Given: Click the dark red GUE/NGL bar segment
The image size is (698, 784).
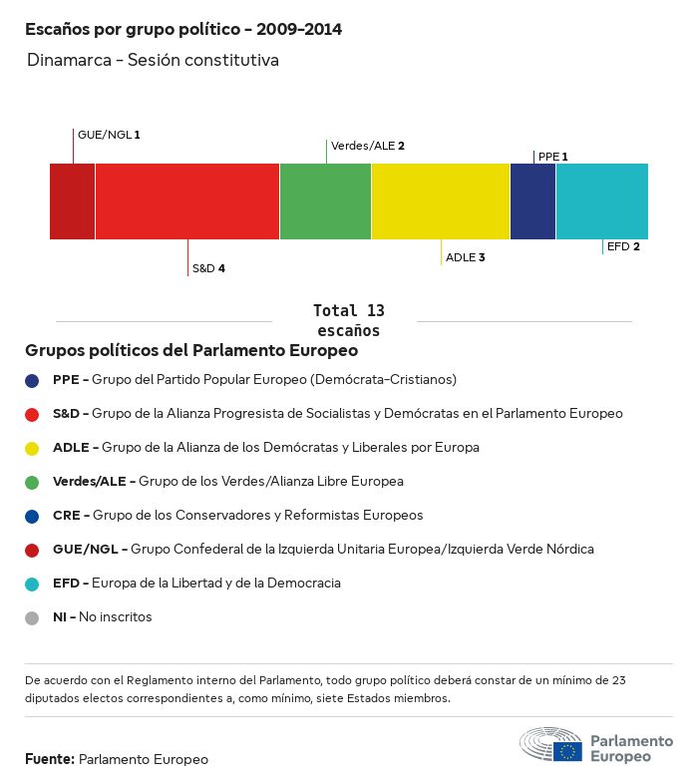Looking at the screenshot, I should [x=72, y=201].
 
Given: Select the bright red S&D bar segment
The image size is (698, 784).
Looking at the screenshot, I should [x=187, y=201].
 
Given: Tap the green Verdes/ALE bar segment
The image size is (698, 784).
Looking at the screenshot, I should [x=325, y=201].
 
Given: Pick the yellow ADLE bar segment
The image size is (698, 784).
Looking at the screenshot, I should [x=441, y=201].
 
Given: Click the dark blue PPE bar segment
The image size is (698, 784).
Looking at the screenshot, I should [x=532, y=201].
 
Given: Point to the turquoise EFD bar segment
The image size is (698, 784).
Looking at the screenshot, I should [x=602, y=201].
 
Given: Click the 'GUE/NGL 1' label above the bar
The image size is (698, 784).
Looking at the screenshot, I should [x=109, y=134].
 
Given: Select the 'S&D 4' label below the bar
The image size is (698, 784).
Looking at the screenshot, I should [x=208, y=268].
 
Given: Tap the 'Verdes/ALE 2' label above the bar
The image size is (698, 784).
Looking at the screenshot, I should [x=367, y=146].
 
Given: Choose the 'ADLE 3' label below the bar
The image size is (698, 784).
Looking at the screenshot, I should [x=465, y=257].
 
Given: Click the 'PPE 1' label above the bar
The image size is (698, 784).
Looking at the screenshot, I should [x=552, y=157].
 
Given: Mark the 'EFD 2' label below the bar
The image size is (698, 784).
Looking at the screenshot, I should [x=623, y=246].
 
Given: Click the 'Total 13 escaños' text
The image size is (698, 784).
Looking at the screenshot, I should [x=348, y=320].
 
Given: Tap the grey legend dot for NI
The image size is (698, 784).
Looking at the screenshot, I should [x=32, y=617].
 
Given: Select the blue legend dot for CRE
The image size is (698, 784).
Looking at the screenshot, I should [x=32, y=516].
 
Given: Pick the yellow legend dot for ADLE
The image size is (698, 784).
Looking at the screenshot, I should [x=32, y=448].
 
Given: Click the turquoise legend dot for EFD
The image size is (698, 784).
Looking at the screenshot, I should [x=32, y=584].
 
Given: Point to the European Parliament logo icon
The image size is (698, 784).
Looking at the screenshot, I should [x=550, y=745].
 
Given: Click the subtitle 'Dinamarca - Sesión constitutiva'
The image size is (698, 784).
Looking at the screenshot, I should [x=153, y=61].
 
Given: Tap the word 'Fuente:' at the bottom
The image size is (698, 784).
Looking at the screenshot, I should [x=49, y=760].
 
